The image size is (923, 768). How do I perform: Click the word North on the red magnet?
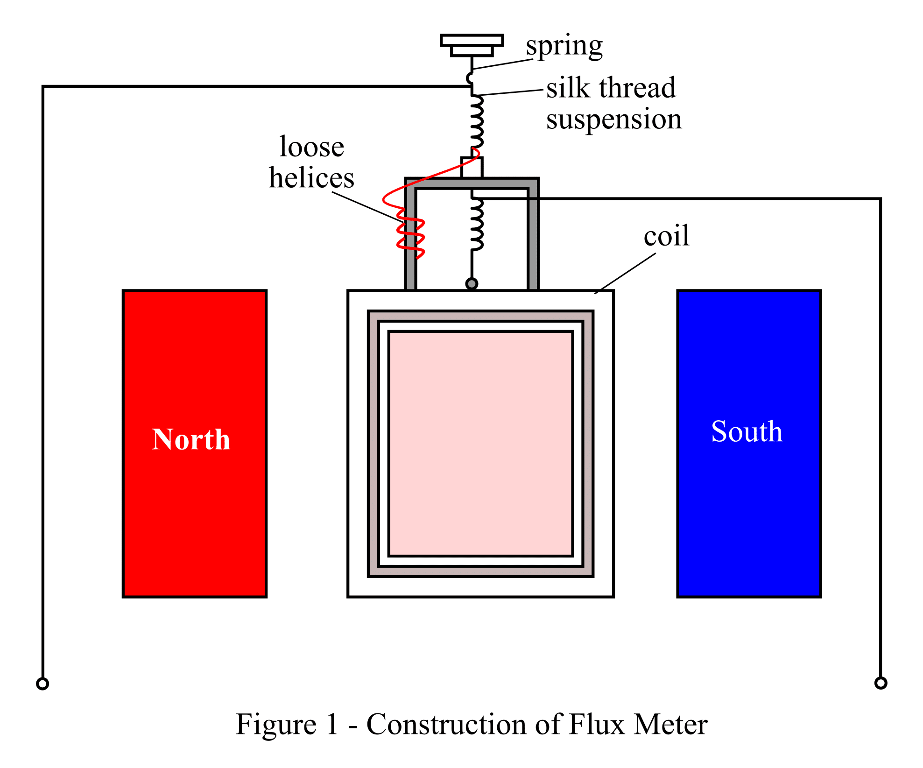coord(191,439)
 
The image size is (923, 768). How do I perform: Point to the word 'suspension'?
coord(613,119)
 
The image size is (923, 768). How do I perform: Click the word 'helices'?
coord(311,178)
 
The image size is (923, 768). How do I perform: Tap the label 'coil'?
coord(666,236)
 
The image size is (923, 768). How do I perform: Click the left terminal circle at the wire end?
coord(42,683)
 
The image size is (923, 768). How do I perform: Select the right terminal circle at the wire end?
coord(881,683)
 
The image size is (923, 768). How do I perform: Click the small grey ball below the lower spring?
coord(472,283)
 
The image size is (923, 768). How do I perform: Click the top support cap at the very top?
coord(472,41)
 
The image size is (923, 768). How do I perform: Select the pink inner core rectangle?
coord(480,444)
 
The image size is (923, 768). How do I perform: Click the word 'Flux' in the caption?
coord(596,725)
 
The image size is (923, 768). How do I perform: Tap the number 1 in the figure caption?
coord(332,725)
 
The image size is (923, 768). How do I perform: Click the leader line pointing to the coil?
coord(626,273)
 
